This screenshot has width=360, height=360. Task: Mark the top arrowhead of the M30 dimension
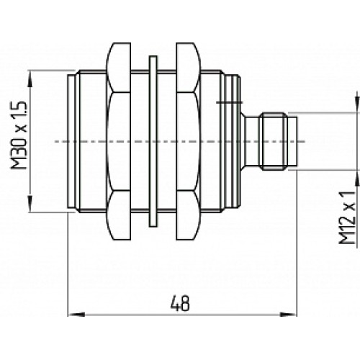30,75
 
